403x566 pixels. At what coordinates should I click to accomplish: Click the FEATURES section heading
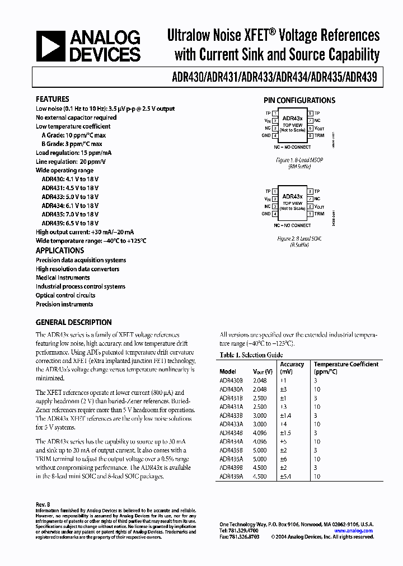pos(53,99)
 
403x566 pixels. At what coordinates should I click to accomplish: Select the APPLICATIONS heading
pos(60,251)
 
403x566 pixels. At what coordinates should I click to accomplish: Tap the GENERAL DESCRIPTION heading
pos(73,322)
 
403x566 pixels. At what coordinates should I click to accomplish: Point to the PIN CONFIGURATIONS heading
pos(299,101)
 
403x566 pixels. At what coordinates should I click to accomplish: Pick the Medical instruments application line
pos(63,277)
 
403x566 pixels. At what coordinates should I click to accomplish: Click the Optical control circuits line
pos(65,295)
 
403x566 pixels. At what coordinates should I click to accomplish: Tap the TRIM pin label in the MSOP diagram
pos(319,135)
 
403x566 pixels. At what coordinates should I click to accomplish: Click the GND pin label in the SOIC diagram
pos(266,214)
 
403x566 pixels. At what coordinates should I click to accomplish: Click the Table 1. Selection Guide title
pos(251,355)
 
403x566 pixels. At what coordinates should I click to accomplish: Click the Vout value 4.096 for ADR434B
pos(261,433)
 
